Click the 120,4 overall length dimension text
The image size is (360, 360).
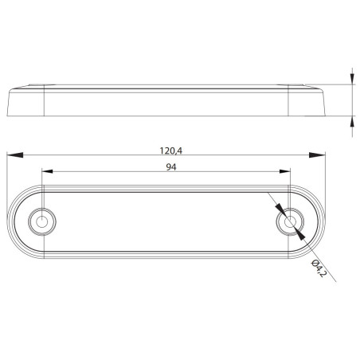pyautogui.click(x=167, y=149)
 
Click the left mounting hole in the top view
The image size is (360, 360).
pyautogui.click(x=40, y=221)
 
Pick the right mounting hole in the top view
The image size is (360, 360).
pyautogui.click(x=292, y=221)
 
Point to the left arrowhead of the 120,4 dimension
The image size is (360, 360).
pyautogui.click(x=12, y=155)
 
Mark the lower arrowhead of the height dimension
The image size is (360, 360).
pyautogui.click(x=351, y=117)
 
